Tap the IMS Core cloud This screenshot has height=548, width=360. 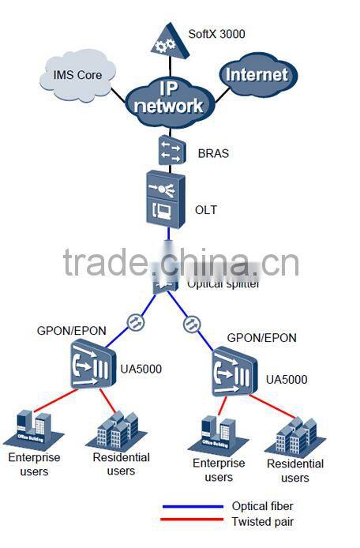point(77,76)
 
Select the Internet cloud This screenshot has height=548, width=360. point(257,75)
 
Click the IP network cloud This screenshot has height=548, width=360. point(167,98)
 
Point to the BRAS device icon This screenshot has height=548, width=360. point(170,150)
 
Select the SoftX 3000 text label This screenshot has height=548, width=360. point(216,34)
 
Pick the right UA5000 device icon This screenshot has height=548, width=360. point(235,376)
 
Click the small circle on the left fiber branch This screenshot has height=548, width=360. point(135,322)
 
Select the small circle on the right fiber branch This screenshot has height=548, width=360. point(190,323)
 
